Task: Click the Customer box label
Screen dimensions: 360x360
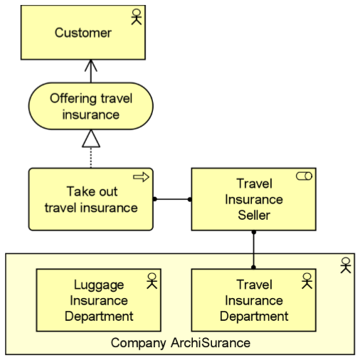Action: [x=83, y=33]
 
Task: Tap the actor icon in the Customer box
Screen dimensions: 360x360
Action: [x=137, y=18]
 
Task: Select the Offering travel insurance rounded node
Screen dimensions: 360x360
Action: [x=90, y=107]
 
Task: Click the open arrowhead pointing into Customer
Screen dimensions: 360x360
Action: [x=90, y=66]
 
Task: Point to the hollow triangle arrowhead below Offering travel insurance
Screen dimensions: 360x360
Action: [x=91, y=139]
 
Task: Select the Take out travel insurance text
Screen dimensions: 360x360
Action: [x=91, y=200]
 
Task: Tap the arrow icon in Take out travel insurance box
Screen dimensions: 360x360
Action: [x=141, y=177]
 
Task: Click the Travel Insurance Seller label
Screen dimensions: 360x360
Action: [x=254, y=199]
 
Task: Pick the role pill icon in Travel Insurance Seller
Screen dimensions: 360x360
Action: [x=304, y=176]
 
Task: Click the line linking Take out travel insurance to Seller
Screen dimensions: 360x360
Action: [x=172, y=199]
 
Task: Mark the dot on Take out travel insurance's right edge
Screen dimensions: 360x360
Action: [x=154, y=199]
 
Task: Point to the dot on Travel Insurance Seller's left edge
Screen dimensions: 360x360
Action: [x=190, y=199]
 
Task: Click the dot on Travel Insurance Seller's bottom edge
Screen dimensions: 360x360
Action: [x=254, y=232]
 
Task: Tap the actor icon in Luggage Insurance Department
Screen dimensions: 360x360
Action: [x=151, y=280]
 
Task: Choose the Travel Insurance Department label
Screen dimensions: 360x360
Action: [x=254, y=300]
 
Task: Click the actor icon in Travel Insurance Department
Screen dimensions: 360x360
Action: [x=307, y=280]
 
